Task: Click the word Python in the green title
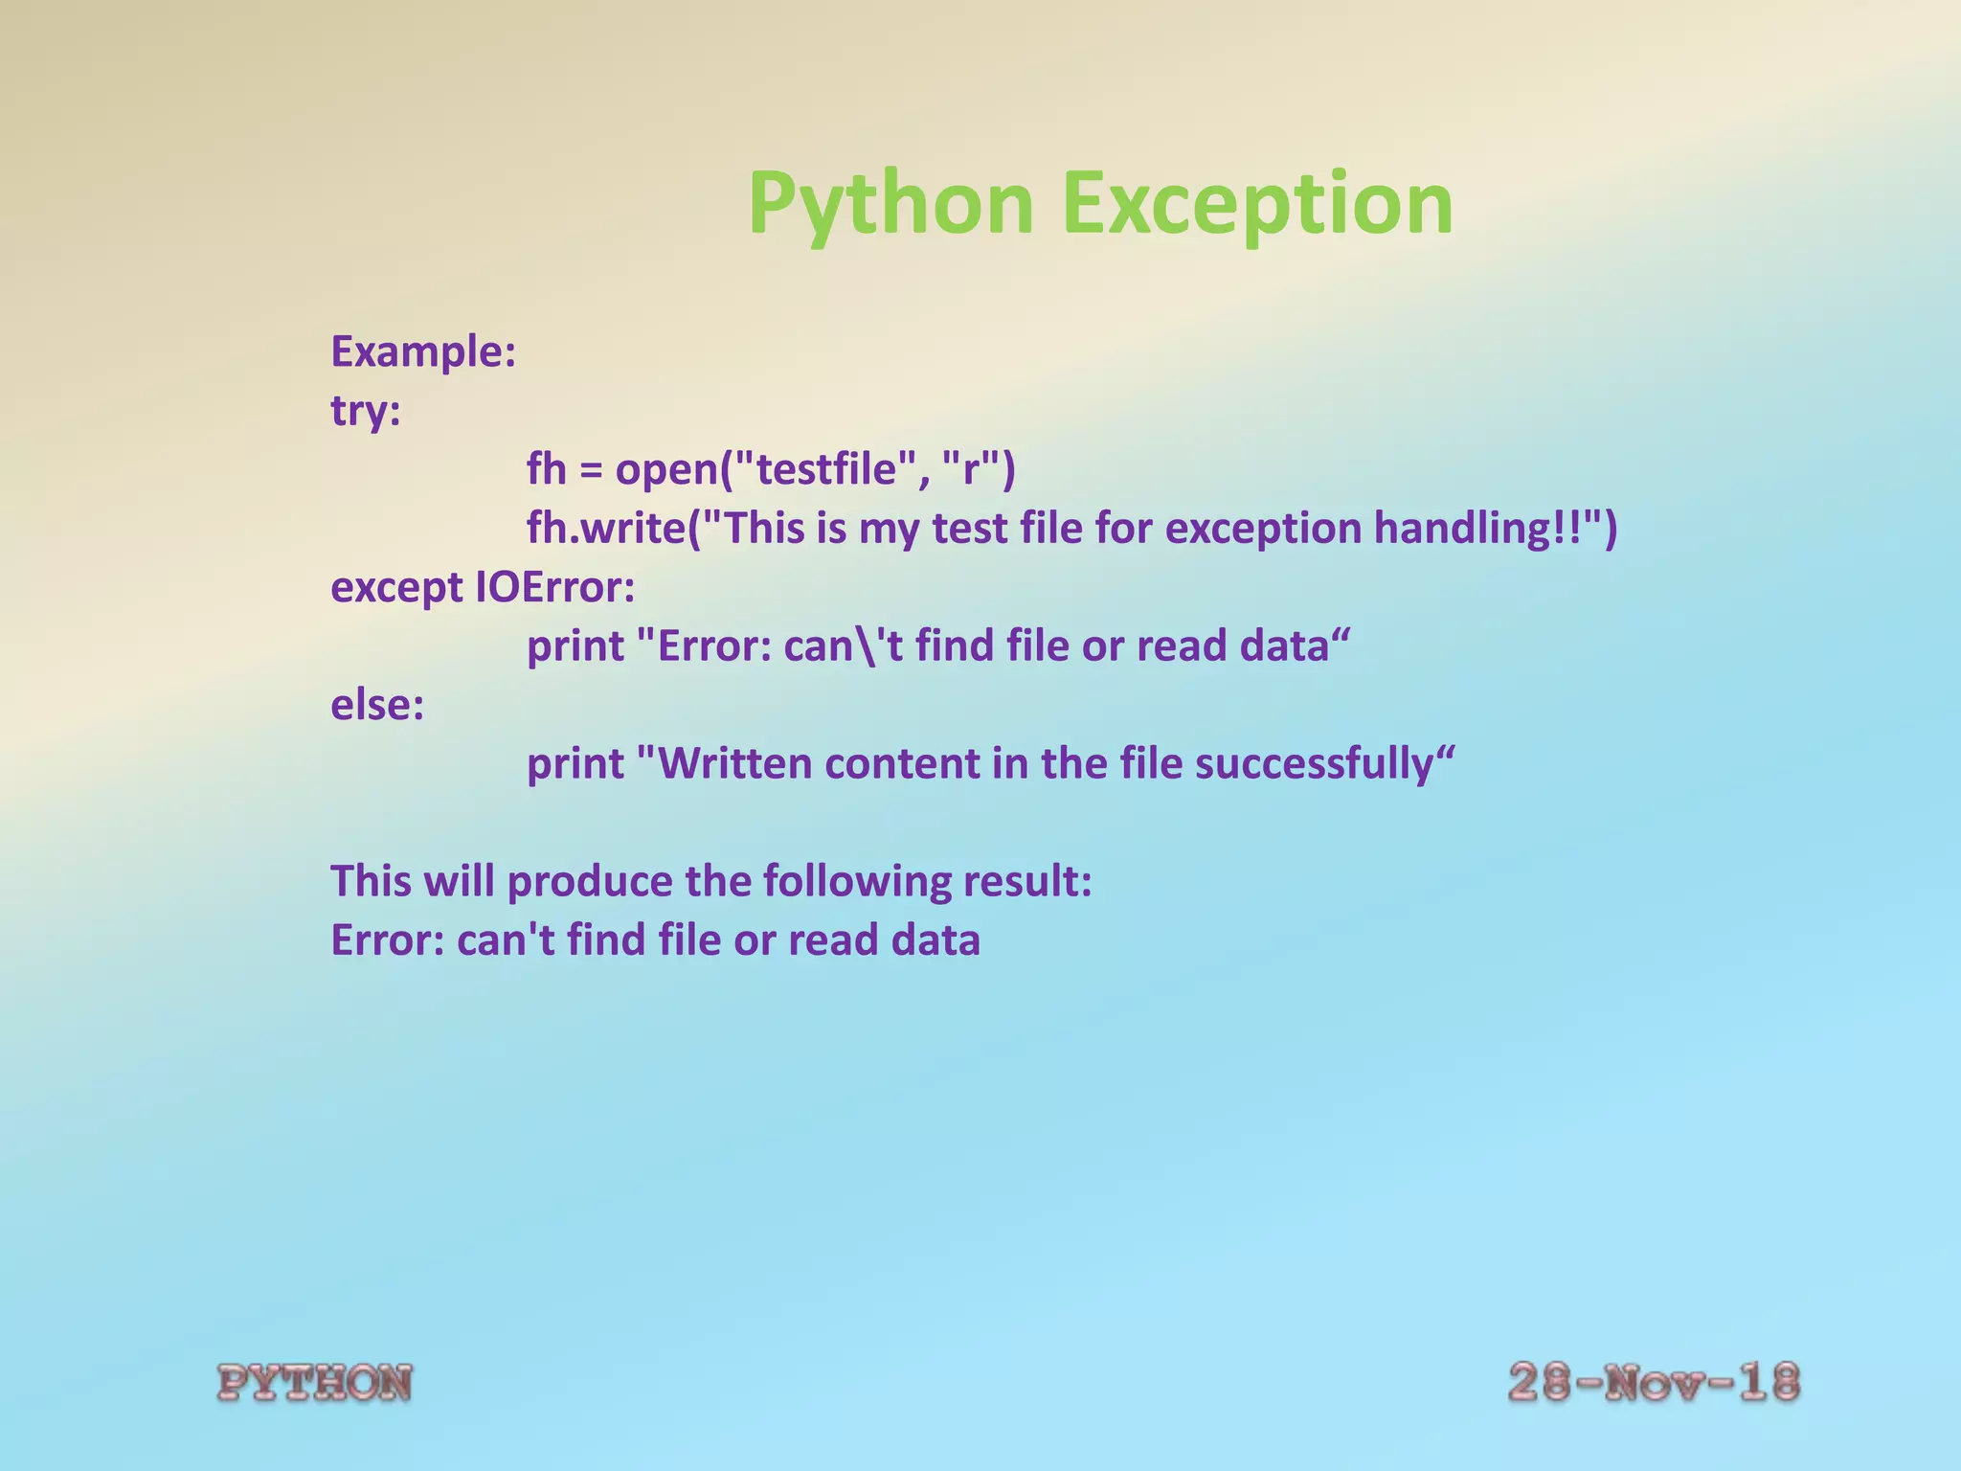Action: coord(890,203)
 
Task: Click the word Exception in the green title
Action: coord(1257,203)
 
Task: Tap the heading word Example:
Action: coord(423,351)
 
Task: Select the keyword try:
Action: coord(366,411)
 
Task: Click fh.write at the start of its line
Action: coord(603,529)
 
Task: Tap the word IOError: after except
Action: coord(554,587)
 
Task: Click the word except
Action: coord(396,587)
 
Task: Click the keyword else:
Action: coord(377,705)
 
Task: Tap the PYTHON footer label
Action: coord(315,1384)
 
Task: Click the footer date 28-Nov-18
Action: coord(1654,1383)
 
